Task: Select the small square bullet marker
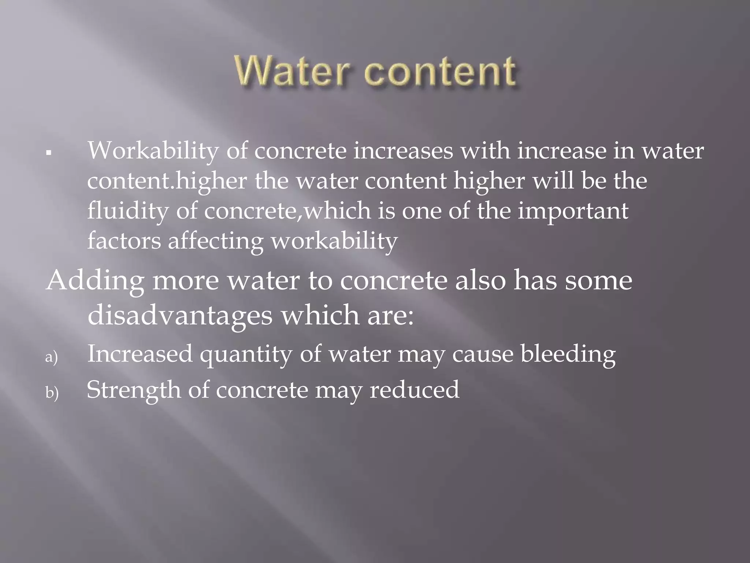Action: [48, 152]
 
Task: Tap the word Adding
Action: [95, 281]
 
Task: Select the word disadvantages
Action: [180, 315]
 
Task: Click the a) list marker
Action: [52, 357]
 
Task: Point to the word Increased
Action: [140, 354]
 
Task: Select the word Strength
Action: [134, 390]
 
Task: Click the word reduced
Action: [414, 389]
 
